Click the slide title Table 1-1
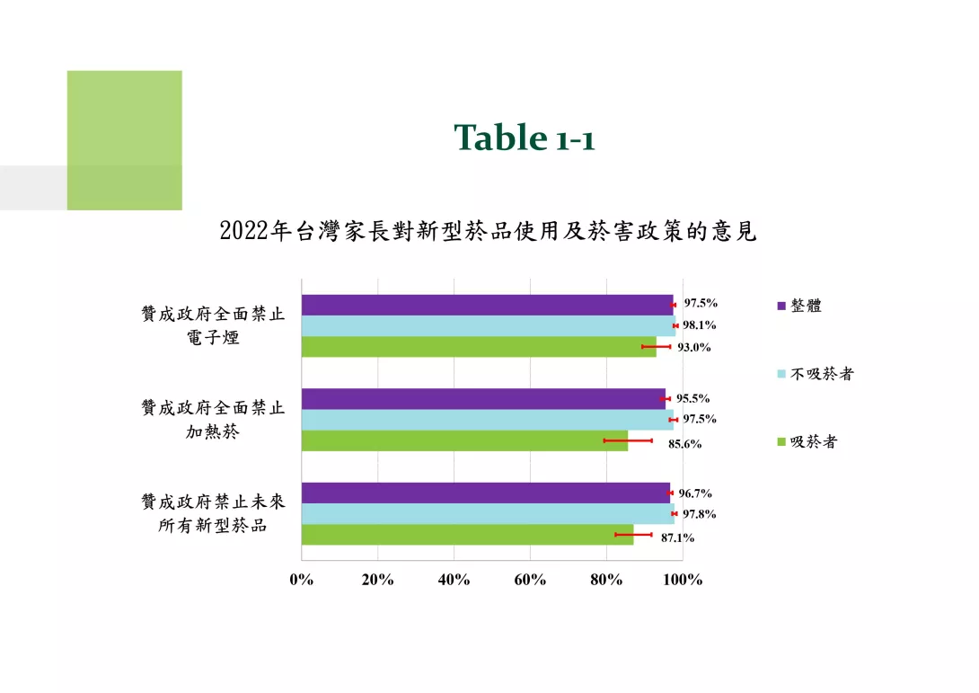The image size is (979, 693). [525, 138]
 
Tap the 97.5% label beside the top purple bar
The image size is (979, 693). [701, 303]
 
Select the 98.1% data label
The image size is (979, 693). [700, 325]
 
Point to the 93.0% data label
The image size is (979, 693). [694, 348]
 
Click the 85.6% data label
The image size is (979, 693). [685, 444]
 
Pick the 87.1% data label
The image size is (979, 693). [677, 538]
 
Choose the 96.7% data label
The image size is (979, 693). [695, 493]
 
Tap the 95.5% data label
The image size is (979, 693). [693, 399]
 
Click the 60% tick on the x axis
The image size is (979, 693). [530, 580]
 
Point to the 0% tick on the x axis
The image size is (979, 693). [302, 580]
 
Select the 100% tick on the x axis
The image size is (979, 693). [683, 580]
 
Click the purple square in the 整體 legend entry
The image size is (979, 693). [781, 306]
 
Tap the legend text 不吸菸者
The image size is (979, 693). [822, 374]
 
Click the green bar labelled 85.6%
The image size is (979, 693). [464, 440]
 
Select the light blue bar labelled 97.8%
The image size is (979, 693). [488, 513]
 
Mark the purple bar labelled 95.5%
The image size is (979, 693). [483, 399]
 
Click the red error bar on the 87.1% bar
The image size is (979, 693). [634, 534]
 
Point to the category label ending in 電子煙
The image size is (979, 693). [213, 325]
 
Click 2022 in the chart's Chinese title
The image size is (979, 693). [244, 231]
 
